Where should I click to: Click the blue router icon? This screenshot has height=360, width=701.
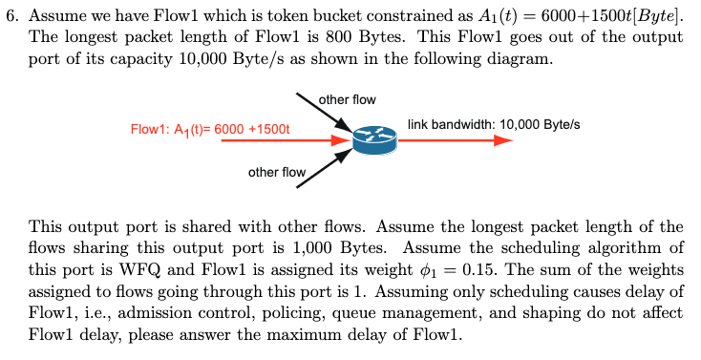(372, 140)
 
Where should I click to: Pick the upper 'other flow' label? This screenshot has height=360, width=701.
(347, 99)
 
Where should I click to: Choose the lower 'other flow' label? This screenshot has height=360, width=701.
(277, 173)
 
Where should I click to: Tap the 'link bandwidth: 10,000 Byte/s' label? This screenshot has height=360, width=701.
(494, 124)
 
